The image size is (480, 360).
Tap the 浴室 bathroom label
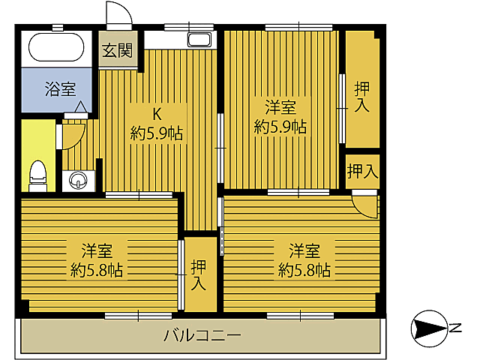tap(60, 90)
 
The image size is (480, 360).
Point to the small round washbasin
tap(79, 180)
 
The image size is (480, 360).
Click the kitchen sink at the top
tap(199, 40)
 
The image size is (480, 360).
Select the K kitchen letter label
tap(157, 114)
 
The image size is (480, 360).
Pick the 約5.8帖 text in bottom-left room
tap(97, 269)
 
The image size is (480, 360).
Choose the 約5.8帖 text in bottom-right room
tap(304, 269)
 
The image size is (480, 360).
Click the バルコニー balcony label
tap(202, 335)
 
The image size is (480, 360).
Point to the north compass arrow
tap(428, 328)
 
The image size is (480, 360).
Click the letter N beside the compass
tap(455, 327)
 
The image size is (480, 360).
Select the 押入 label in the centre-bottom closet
tap(199, 274)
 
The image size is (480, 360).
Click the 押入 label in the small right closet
tap(362, 172)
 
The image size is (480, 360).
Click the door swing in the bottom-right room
tap(365, 204)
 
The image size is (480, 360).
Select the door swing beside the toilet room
tap(72, 133)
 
